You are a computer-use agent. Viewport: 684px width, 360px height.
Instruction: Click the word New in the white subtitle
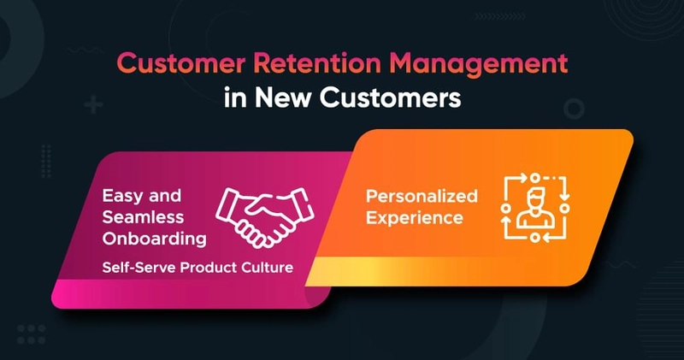(282, 97)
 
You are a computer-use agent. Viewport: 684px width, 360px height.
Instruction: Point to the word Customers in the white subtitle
(390, 97)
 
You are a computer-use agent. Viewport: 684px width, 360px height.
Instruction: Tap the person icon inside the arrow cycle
(535, 208)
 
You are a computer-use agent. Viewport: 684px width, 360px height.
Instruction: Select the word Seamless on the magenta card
(143, 217)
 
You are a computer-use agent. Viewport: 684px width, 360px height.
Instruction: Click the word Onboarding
(155, 239)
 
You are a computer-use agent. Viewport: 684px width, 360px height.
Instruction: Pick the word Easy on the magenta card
(121, 197)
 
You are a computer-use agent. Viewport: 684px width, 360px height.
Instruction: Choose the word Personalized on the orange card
(422, 196)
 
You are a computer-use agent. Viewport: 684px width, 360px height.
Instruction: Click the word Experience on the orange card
(415, 218)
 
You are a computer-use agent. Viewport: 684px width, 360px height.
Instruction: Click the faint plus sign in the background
(93, 105)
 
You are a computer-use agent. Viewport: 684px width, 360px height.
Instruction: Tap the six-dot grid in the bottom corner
(32, 333)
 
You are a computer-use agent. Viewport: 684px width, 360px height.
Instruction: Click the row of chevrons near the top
(500, 16)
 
